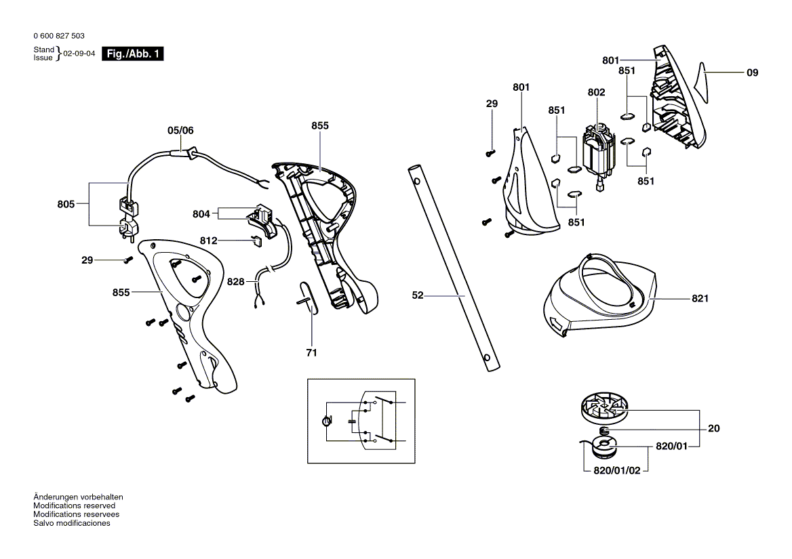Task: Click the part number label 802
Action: [x=596, y=93]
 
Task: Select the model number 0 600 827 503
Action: [x=58, y=36]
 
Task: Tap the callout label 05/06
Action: [x=180, y=130]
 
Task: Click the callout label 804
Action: [x=201, y=214]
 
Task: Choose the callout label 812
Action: [x=208, y=241]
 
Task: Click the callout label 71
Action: [x=311, y=352]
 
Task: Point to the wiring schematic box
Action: [x=360, y=421]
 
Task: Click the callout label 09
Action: [x=752, y=73]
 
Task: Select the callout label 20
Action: [x=713, y=428]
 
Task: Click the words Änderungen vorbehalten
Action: [x=78, y=497]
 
